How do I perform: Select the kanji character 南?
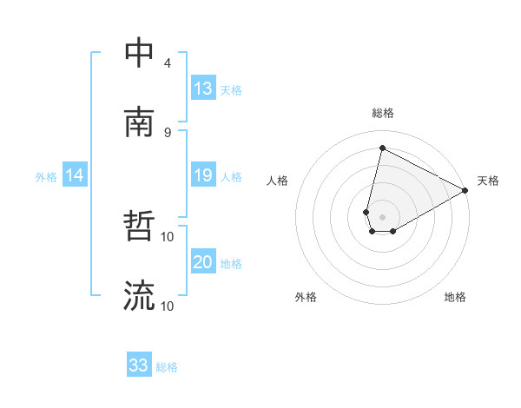coord(139,123)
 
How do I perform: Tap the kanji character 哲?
coord(139,228)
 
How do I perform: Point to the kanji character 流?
coord(139,297)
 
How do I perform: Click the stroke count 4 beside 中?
coord(168,63)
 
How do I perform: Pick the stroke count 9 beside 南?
coord(168,132)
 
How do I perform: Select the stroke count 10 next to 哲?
coord(168,236)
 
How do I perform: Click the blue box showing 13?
coord(203,88)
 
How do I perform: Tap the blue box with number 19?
coord(203,175)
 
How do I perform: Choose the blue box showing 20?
coord(203,262)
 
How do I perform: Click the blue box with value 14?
coord(75,175)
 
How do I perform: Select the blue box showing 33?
coord(139,365)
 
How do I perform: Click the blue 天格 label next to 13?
coord(231,89)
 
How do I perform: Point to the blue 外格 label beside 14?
coord(46,176)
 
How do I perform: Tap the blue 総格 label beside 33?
coord(168,367)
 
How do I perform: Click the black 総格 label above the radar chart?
coord(383,114)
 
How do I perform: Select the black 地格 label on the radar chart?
coord(455,297)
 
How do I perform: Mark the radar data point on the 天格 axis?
coord(465,192)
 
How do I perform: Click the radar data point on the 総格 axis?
coord(382,148)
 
